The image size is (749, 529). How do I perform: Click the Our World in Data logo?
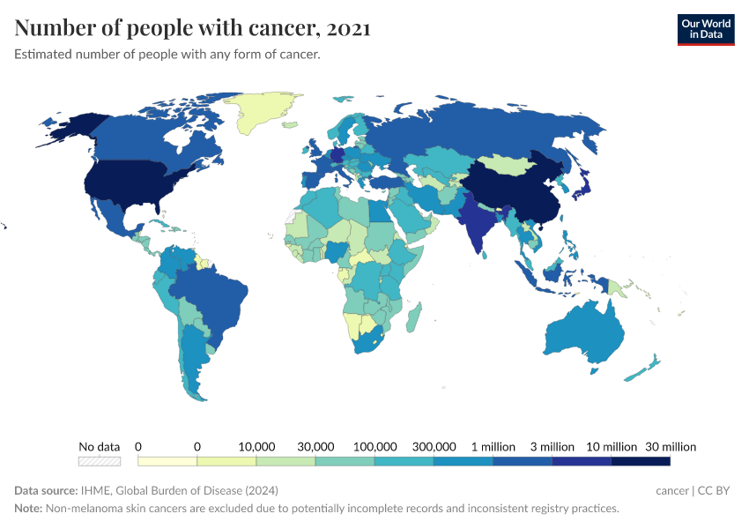point(705,29)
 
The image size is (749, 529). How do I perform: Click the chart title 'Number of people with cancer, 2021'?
point(192,29)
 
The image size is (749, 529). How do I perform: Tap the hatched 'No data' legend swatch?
point(99,461)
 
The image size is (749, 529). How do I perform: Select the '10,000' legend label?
point(256,446)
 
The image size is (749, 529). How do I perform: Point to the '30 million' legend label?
point(670,446)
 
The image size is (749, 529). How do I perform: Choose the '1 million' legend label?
point(493,446)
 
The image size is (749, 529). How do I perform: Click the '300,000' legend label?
point(434,446)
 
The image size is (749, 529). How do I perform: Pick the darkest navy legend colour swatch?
point(641,461)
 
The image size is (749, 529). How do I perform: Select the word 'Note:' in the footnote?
point(30,509)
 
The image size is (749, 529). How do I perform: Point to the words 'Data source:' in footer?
point(45,490)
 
